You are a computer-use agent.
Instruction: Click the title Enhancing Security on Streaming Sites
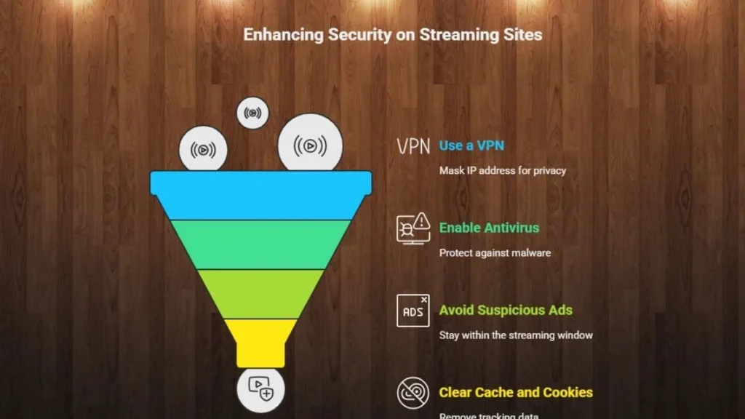point(392,34)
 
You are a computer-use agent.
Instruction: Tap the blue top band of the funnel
point(260,195)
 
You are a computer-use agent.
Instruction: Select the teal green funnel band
point(260,244)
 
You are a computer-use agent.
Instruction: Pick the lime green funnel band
point(260,293)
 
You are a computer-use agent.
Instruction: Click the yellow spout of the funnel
point(260,342)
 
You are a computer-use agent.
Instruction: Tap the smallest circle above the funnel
point(253,113)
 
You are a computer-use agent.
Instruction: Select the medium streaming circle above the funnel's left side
point(203,151)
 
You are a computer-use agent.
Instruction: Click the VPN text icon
point(413,146)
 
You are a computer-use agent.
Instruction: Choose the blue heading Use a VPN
point(471,145)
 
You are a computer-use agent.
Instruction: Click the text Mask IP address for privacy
point(502,171)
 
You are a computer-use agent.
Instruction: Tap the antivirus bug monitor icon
point(413,228)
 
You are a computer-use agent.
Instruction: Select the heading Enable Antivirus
point(489,228)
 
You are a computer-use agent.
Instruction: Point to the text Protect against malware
point(495,253)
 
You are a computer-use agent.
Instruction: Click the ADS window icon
point(413,311)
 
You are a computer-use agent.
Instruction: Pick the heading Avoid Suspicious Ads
point(506,310)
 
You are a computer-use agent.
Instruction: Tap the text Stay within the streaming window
point(516,335)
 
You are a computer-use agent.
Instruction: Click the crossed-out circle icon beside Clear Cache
point(413,393)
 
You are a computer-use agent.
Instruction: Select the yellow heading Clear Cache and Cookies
point(516,392)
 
